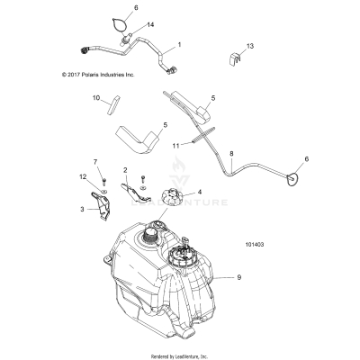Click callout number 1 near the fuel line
click(178, 44)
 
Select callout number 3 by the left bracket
click(82, 209)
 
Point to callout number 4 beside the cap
click(200, 192)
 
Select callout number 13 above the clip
click(251, 45)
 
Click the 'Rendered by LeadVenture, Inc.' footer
click(180, 355)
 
